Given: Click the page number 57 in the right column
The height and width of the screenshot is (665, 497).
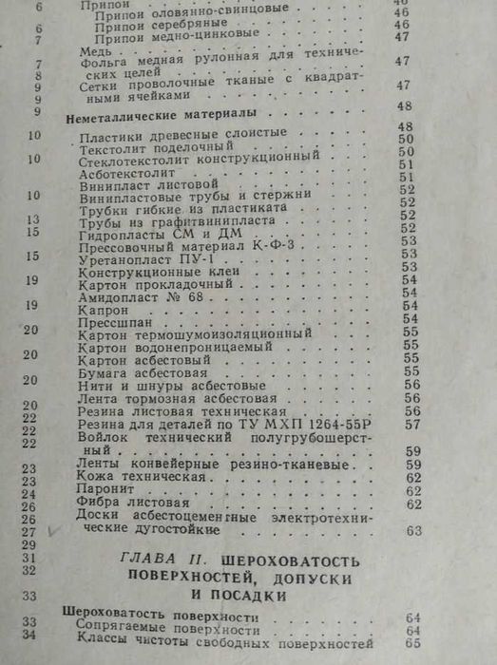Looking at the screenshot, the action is point(412,426).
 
